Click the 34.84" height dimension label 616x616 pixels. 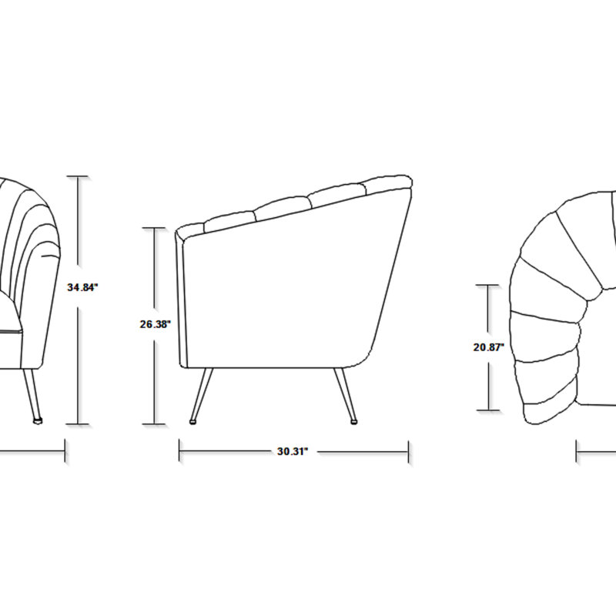click(x=82, y=287)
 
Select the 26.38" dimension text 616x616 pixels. click(x=156, y=324)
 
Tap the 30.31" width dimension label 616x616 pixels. click(x=293, y=451)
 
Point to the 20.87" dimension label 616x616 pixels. click(x=489, y=347)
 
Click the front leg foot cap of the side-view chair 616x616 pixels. click(x=193, y=422)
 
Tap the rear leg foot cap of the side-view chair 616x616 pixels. click(x=354, y=422)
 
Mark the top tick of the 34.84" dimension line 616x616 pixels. click(x=78, y=177)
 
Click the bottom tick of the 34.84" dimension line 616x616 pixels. click(x=78, y=424)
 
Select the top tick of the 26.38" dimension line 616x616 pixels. click(x=153, y=228)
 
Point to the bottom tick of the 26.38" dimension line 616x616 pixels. click(x=153, y=424)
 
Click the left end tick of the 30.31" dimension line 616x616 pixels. click(x=179, y=450)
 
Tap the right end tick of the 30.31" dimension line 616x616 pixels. click(x=409, y=452)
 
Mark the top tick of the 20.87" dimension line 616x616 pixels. click(x=488, y=285)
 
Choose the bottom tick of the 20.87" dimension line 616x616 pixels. click(x=488, y=410)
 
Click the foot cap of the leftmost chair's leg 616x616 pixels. click(x=38, y=421)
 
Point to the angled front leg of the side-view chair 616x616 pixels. click(x=202, y=394)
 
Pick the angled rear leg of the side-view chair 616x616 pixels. click(x=345, y=394)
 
